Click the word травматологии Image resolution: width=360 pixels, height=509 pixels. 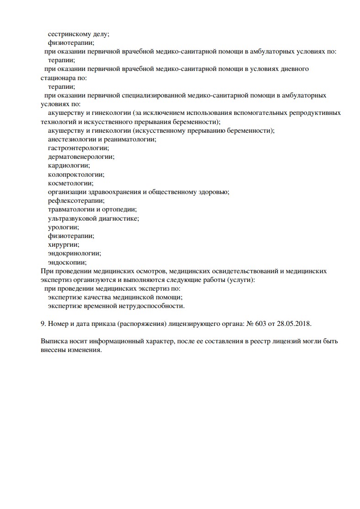(70, 209)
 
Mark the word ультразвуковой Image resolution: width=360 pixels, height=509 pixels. (71, 218)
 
